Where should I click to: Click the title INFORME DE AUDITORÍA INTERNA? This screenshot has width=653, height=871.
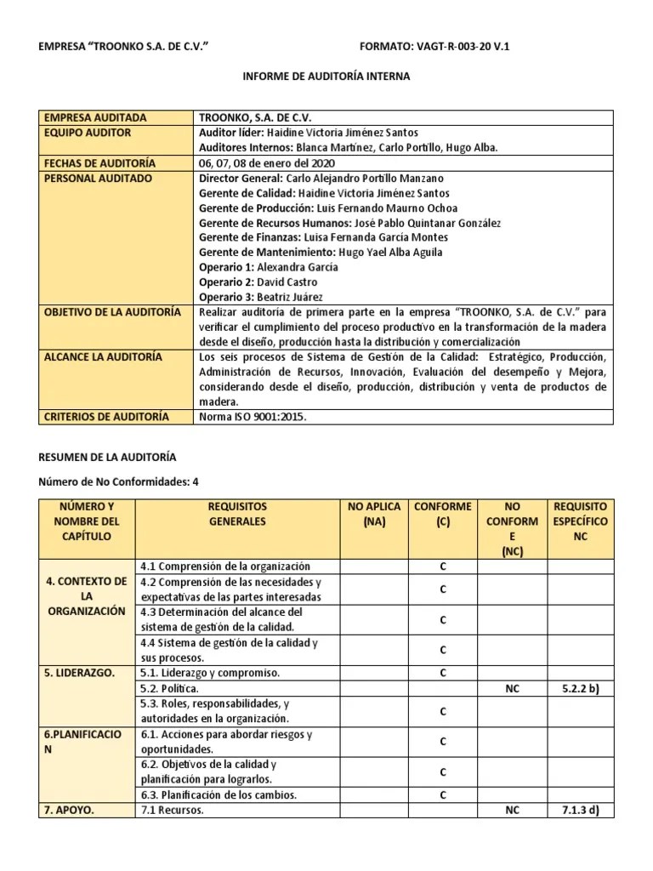[x=326, y=77]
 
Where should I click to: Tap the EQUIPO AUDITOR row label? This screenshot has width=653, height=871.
[x=87, y=133]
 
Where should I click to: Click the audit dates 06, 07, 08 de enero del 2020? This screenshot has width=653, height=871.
[x=267, y=163]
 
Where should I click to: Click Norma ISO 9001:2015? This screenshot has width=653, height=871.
[x=252, y=417]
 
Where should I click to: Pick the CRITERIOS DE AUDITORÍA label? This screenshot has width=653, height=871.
[x=106, y=417]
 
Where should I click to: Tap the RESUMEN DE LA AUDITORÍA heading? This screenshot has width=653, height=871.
[x=109, y=458]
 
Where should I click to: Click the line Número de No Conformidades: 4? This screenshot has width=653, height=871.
[x=120, y=481]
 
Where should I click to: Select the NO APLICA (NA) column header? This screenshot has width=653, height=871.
[x=373, y=514]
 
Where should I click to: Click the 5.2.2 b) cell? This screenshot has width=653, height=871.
[x=581, y=687]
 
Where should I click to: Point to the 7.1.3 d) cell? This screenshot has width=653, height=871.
[x=581, y=810]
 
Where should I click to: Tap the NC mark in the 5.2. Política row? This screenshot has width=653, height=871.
[x=512, y=687]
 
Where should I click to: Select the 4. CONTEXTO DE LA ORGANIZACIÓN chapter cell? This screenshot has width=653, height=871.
[x=87, y=595]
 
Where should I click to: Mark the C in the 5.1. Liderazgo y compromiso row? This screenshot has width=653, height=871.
[x=443, y=673]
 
